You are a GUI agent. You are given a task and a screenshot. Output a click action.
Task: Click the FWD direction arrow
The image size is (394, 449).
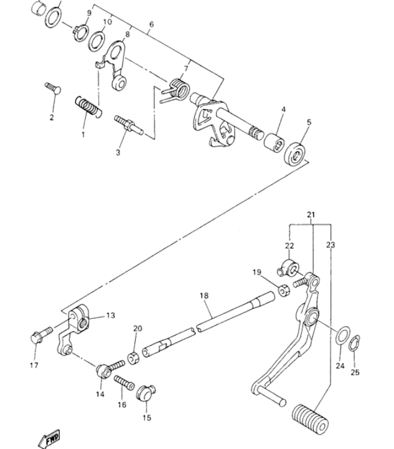[x=50, y=439]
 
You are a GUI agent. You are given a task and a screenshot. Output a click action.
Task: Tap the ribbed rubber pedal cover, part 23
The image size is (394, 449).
[x=310, y=418]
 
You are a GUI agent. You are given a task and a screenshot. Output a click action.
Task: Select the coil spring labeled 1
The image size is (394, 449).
[x=88, y=107]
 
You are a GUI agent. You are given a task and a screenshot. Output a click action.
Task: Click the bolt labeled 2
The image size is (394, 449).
[x=53, y=88]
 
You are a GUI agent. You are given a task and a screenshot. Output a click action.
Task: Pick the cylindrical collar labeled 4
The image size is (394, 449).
[x=274, y=143]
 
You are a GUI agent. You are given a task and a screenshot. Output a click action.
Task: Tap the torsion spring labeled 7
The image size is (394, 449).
[x=176, y=90]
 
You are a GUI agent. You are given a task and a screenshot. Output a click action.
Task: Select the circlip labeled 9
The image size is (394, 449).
[x=81, y=32]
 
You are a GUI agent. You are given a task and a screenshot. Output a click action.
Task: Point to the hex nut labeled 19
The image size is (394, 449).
[x=284, y=290]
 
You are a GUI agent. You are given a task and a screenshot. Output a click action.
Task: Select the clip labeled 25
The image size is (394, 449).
[x=355, y=343]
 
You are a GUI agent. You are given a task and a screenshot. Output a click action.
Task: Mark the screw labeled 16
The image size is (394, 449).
[x=124, y=383]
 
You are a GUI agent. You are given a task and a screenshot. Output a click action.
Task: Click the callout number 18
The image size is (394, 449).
[x=204, y=295]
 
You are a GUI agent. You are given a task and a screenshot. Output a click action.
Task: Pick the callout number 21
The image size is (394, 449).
[x=311, y=214]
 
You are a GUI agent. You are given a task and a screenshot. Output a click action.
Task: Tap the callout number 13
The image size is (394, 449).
[x=110, y=315]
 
